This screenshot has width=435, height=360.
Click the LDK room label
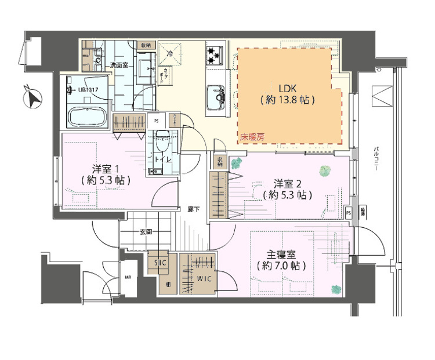pos(288,89)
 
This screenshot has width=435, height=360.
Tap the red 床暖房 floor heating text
pos(253,137)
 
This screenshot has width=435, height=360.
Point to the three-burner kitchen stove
pos(214,56)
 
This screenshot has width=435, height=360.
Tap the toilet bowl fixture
pos(162,139)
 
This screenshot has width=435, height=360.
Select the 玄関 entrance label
pos(146,232)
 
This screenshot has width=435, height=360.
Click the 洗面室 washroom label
pos(119,65)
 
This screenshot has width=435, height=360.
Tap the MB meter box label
pos(128,278)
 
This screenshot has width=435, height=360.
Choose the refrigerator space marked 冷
pos(170,53)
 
